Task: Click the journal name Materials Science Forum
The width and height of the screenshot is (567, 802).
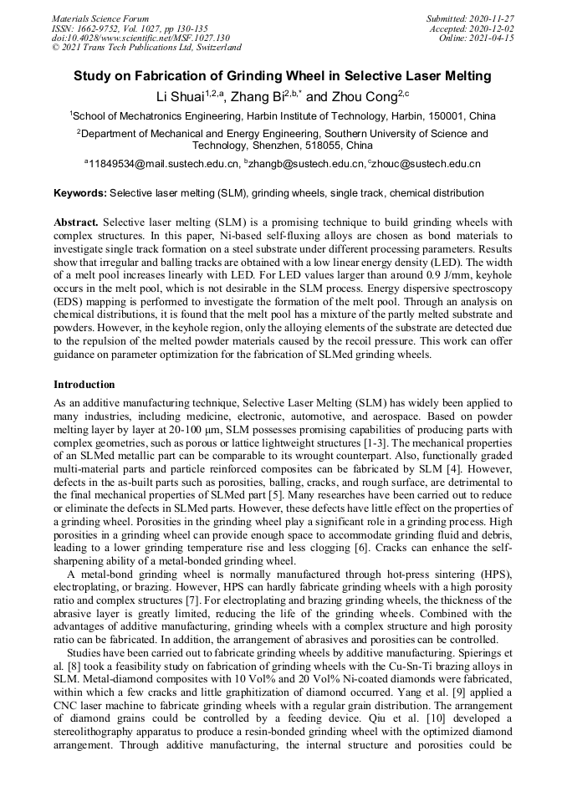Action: (x=100, y=18)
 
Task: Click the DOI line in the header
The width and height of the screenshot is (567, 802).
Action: (x=140, y=38)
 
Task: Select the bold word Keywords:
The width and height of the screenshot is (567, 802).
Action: (x=80, y=193)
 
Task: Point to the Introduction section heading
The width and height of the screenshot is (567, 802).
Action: (x=84, y=385)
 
